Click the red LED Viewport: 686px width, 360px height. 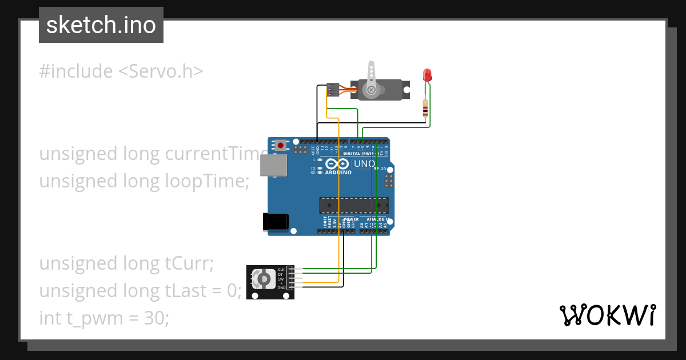427,75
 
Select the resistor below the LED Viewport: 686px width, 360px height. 425,107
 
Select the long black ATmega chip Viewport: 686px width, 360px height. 353,205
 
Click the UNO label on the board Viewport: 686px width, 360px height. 364,164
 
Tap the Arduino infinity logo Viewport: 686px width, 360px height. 334,164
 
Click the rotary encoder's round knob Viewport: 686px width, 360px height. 264,278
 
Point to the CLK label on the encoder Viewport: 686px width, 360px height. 281,269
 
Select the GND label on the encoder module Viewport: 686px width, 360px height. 281,288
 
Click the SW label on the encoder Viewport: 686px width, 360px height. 281,278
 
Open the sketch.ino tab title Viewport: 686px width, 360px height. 101,25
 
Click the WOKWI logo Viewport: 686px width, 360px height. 607,315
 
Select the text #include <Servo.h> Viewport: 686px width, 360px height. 121,71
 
